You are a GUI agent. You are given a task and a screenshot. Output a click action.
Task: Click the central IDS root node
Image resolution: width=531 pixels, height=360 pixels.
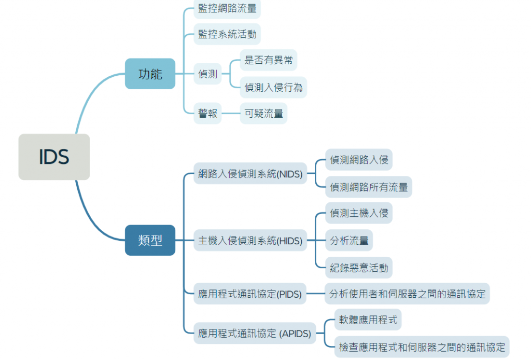pyautogui.click(x=54, y=157)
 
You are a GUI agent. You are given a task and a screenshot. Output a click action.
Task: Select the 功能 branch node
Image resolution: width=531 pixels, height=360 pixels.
pyautogui.click(x=150, y=74)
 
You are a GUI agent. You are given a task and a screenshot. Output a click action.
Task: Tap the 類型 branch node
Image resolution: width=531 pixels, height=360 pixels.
pyautogui.click(x=150, y=240)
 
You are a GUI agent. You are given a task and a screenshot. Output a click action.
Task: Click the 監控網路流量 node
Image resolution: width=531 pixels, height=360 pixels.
pyautogui.click(x=227, y=8)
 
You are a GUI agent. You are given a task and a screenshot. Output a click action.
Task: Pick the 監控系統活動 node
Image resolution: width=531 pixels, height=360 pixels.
pyautogui.click(x=227, y=35)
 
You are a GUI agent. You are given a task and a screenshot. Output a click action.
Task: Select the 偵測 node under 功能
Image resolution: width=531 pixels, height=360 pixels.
pyautogui.click(x=208, y=74)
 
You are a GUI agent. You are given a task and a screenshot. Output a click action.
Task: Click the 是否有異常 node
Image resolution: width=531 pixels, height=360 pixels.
pyautogui.click(x=269, y=60)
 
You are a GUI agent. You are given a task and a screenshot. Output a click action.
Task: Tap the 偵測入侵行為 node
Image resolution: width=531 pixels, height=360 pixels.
pyautogui.click(x=273, y=87)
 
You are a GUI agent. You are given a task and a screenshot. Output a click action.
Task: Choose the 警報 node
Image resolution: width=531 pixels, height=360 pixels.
pyautogui.click(x=208, y=113)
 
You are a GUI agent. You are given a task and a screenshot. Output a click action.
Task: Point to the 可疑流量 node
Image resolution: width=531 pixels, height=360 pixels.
pyautogui.click(x=263, y=113)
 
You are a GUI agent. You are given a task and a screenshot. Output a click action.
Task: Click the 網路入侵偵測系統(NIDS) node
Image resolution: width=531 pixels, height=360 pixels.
pyautogui.click(x=250, y=174)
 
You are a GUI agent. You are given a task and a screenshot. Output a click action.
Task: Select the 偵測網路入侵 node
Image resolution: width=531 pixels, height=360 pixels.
pyautogui.click(x=359, y=160)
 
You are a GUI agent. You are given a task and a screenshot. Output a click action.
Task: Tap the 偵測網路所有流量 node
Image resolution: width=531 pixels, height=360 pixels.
pyautogui.click(x=369, y=187)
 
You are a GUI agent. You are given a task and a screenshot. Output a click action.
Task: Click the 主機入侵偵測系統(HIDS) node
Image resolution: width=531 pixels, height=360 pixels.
pyautogui.click(x=250, y=240)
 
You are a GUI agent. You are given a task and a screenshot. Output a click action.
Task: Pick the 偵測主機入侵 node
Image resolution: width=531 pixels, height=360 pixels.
pyautogui.click(x=359, y=213)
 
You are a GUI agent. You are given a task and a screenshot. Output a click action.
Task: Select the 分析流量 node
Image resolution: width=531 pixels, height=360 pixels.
pyautogui.click(x=349, y=240)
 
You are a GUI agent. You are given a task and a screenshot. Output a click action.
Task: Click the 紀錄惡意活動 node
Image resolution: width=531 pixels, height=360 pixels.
pyautogui.click(x=359, y=268)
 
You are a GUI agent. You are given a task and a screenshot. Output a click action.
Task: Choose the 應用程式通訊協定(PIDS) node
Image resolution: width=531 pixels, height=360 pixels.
pyautogui.click(x=250, y=294)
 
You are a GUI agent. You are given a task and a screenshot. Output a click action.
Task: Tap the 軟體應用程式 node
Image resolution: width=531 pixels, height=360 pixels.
pyautogui.click(x=368, y=320)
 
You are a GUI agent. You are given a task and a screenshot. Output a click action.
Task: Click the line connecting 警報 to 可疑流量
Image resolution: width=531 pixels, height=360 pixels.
pyautogui.click(x=231, y=113)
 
